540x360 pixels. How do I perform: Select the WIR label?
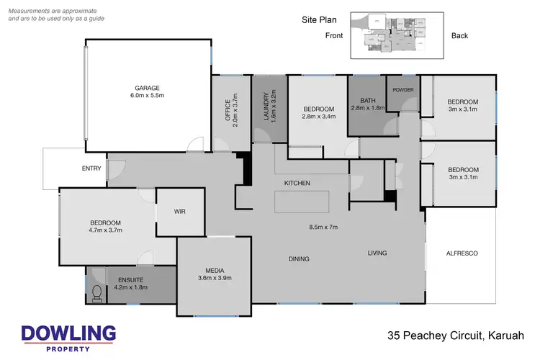(x=180, y=212)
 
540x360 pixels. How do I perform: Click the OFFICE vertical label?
(x=228, y=112)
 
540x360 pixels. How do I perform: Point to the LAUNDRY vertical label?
(x=266, y=107)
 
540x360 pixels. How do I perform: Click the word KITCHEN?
(x=297, y=183)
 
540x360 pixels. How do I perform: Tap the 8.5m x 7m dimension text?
(x=323, y=227)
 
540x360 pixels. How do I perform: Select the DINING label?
(x=299, y=258)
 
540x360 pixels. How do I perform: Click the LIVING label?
(x=377, y=253)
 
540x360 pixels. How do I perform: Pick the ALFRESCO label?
(x=462, y=253)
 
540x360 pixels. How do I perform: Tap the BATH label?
(x=367, y=101)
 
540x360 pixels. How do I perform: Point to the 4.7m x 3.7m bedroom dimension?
(x=105, y=230)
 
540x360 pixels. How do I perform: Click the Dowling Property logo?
(x=68, y=337)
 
